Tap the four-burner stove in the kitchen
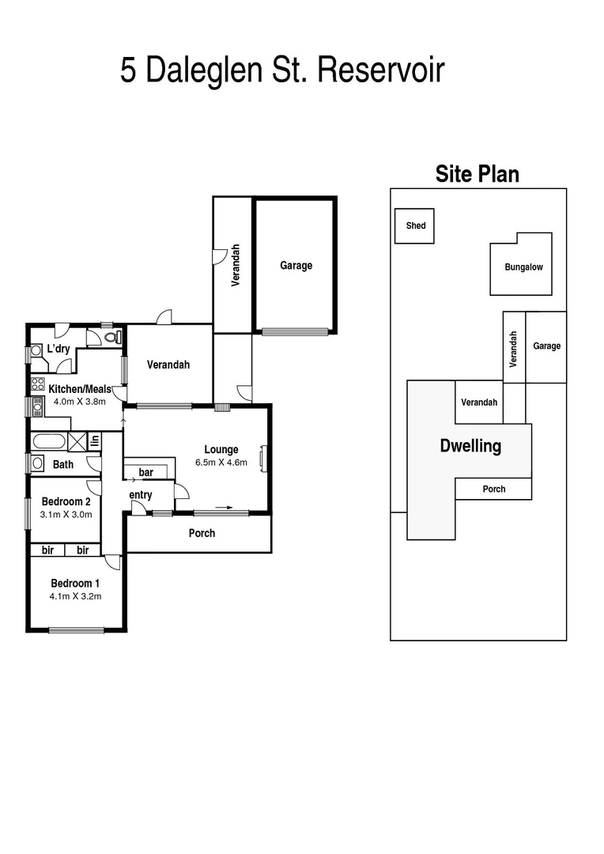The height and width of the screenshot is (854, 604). coord(38,384)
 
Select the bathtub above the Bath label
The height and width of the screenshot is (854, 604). coord(49,441)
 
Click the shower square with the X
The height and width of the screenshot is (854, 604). coord(77,441)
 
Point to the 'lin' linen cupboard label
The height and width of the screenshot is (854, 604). coord(94,441)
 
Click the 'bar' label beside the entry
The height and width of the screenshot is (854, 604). coord(145,472)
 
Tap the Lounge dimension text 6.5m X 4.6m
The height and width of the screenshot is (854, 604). coord(221,463)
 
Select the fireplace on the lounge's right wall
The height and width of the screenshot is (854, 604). coord(265,458)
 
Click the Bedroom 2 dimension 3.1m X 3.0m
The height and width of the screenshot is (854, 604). coord(66,514)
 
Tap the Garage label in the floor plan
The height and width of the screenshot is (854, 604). coord(296,266)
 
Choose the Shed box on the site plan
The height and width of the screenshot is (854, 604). coord(415,226)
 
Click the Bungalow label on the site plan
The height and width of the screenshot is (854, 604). coord(523,267)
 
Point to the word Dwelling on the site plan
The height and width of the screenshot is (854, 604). coord(470,446)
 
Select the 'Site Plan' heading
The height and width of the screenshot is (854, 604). coord(478,174)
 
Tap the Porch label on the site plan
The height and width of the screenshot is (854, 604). coord(494,489)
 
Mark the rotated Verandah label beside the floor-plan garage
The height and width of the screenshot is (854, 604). coord(235,265)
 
